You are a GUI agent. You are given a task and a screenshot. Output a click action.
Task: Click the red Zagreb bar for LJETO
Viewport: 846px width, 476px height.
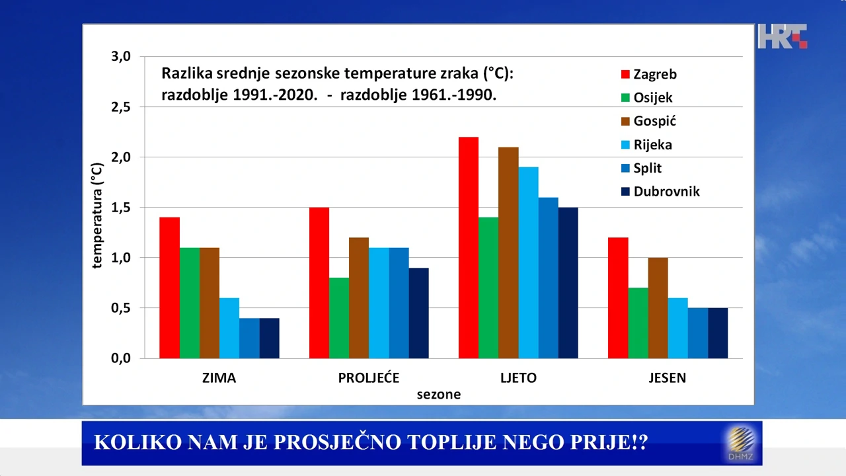468,248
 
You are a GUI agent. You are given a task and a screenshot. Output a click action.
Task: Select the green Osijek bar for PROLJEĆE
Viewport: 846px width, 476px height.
339,318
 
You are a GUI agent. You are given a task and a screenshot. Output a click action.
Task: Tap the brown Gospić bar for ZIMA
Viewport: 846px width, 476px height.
210,303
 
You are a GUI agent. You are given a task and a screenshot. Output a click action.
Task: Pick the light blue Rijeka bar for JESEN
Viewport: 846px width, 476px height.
677,328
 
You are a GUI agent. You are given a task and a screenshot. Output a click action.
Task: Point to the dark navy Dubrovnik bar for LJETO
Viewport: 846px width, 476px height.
568,283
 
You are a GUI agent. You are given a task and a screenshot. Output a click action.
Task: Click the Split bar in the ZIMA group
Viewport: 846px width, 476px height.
249,338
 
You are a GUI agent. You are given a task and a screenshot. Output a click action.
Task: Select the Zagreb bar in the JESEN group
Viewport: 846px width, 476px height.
618,297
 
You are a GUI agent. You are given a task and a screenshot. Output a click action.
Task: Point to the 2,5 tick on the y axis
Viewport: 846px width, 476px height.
120,107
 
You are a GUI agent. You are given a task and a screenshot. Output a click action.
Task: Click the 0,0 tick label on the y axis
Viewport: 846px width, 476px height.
120,358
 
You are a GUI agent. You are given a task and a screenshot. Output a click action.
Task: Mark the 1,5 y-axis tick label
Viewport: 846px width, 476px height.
120,208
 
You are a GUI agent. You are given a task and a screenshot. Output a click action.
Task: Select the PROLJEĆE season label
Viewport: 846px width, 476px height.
369,378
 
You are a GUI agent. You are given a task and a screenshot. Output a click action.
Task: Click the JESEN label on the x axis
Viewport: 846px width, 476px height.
667,378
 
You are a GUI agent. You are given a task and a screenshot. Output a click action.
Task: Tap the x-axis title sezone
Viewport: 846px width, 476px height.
438,395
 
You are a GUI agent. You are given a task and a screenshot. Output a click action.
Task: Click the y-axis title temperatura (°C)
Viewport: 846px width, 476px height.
98,216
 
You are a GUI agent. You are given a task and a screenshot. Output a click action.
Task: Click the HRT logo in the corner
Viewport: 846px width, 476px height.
782,36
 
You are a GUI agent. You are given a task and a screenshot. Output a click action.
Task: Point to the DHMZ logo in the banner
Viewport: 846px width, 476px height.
742,443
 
